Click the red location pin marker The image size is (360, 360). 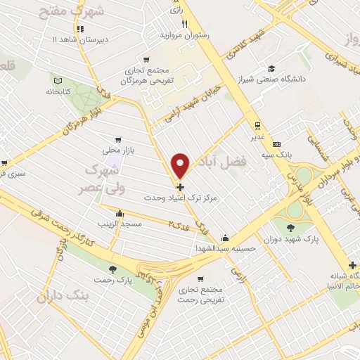[181, 165]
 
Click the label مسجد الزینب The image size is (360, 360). [120, 223]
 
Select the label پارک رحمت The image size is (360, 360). [114, 281]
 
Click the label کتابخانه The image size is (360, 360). [60, 92]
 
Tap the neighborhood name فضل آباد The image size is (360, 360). [232, 160]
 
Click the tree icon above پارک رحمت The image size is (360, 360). [113, 269]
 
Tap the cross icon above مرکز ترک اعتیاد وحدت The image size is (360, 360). [181, 187]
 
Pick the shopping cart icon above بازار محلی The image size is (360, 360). [117, 139]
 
